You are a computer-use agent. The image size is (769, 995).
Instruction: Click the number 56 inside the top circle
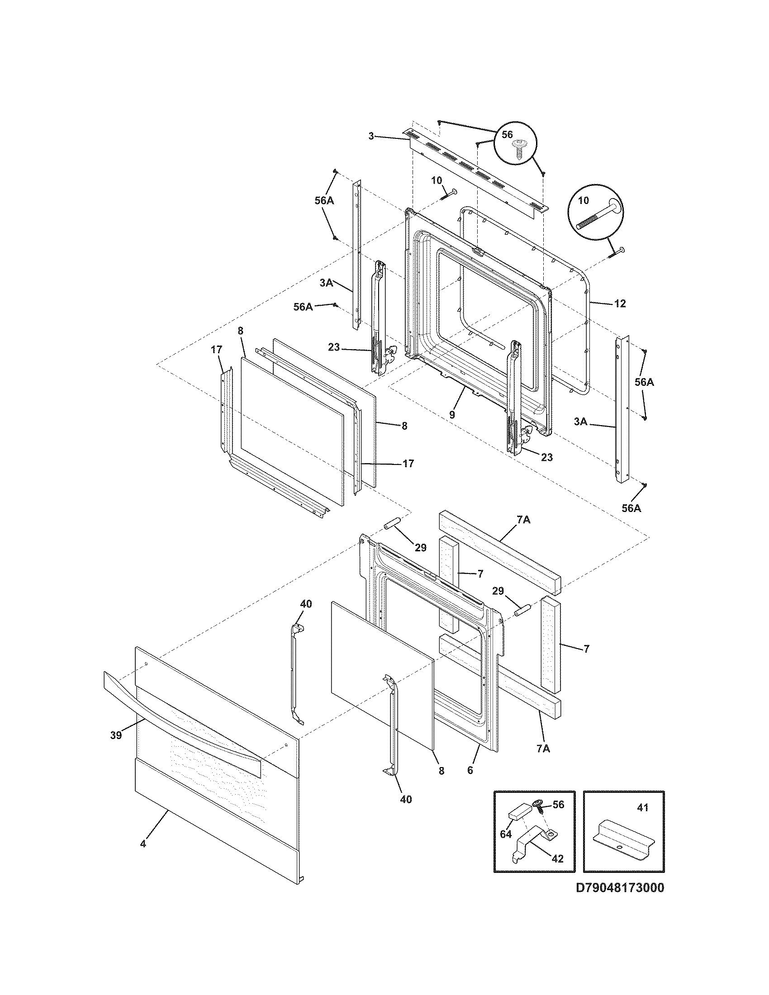point(507,134)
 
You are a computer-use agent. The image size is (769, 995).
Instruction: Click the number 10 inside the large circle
point(584,200)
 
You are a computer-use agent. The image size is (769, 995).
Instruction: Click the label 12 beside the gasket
point(620,303)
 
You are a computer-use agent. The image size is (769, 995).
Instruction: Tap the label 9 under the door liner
point(451,415)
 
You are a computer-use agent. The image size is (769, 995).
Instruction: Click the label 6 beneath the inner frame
point(470,770)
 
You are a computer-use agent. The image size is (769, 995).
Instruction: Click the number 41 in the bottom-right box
point(642,808)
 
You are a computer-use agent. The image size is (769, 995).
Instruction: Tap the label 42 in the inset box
point(557,859)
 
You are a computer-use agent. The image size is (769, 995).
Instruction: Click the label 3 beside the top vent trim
point(371,136)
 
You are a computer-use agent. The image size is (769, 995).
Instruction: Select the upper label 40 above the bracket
point(306,604)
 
